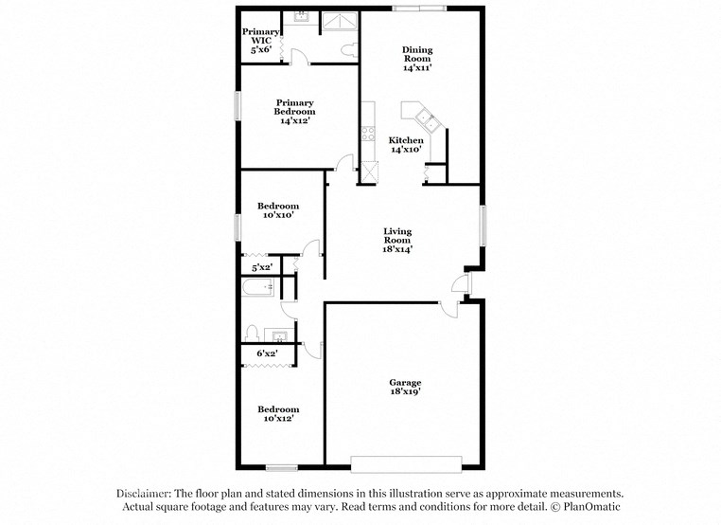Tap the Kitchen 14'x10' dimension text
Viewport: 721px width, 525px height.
click(x=407, y=150)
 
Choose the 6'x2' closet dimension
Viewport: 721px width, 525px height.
click(x=267, y=353)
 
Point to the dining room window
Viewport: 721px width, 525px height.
click(x=419, y=9)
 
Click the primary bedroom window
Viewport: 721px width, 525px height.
click(x=237, y=105)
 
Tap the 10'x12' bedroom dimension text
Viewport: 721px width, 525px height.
click(x=279, y=418)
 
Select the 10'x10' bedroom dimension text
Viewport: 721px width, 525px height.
click(x=278, y=215)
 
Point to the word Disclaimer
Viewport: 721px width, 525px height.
click(x=142, y=494)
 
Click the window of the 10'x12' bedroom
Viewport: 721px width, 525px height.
click(x=282, y=466)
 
